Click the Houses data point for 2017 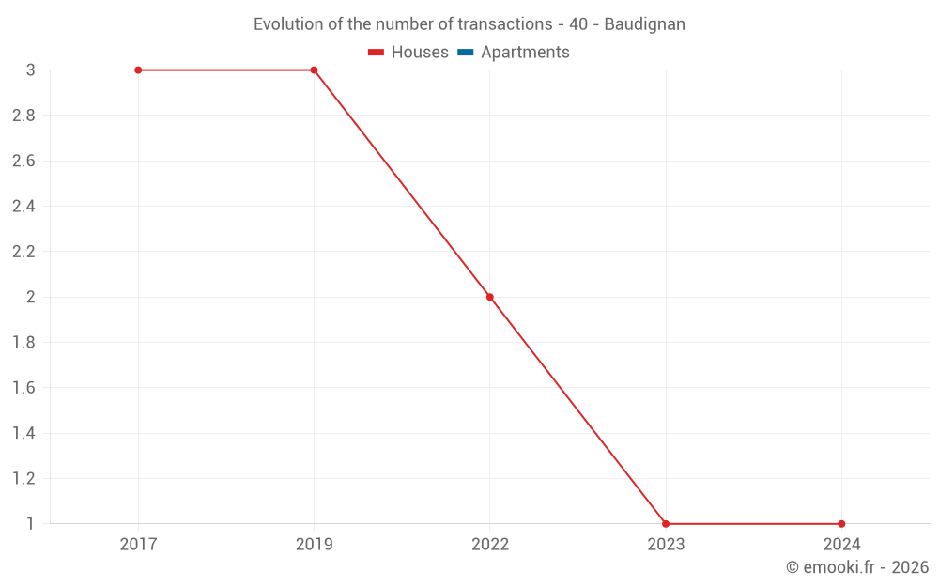point(138,70)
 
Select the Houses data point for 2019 point(314,70)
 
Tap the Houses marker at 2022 point(489,297)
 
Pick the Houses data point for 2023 point(666,524)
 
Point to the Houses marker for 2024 point(841,524)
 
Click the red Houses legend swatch point(376,53)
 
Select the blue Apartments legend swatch point(465,53)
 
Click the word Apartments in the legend point(525,53)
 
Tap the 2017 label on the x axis point(138,545)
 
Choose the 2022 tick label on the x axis point(489,545)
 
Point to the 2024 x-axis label point(841,545)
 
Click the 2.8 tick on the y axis point(23,116)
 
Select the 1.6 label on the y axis point(23,388)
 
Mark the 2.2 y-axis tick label point(23,252)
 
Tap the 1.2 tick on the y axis point(23,479)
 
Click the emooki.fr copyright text point(857,567)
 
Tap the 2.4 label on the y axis point(23,207)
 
